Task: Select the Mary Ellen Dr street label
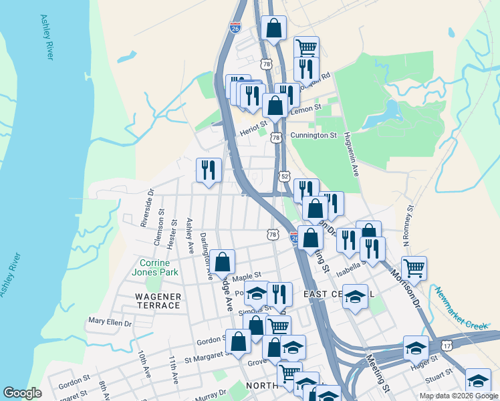point(110,322)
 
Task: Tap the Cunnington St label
point(314,136)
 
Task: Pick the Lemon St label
point(304,110)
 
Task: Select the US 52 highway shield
point(285,176)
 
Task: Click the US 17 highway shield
point(447,345)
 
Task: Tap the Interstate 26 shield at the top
point(235,27)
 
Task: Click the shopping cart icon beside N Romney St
point(414,268)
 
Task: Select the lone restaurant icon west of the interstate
point(209,170)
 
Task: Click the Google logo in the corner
point(23,394)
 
